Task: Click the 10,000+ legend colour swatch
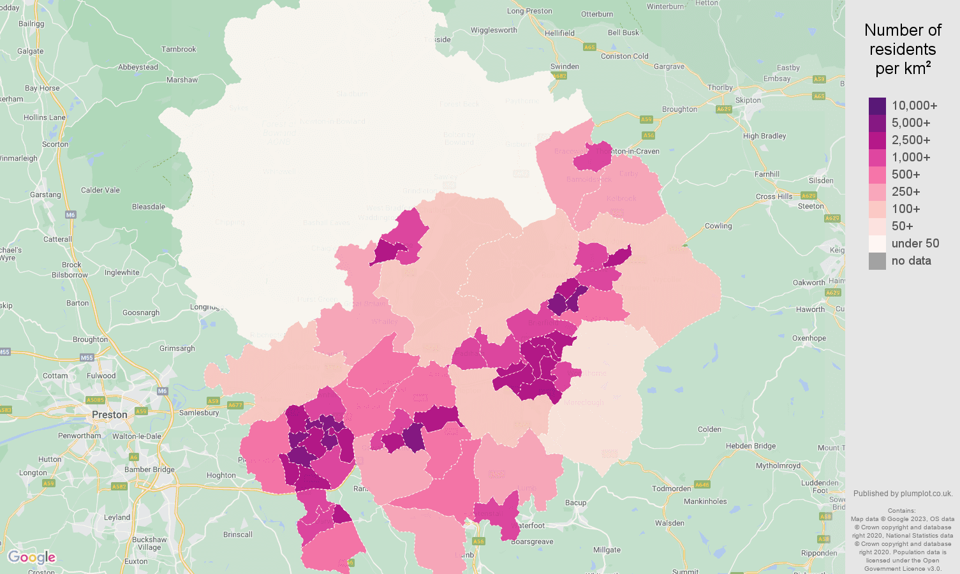coord(877,106)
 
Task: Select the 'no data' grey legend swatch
coord(877,261)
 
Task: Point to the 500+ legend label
coord(905,175)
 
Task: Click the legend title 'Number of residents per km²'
coord(902,49)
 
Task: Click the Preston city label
coord(110,415)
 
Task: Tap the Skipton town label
coord(748,100)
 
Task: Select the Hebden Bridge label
coord(751,446)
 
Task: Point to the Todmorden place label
coord(671,489)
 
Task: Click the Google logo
coord(31,557)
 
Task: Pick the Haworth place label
coord(810,309)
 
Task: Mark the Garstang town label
coord(45,195)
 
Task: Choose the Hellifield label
coord(559,33)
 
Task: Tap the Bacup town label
coord(575,503)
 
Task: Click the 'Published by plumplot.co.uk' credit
coord(903,493)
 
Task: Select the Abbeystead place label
coord(138,67)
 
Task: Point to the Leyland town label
coord(117,517)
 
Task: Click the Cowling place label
coord(718,226)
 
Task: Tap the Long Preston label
coord(529,11)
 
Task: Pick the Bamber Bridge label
coord(149,469)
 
